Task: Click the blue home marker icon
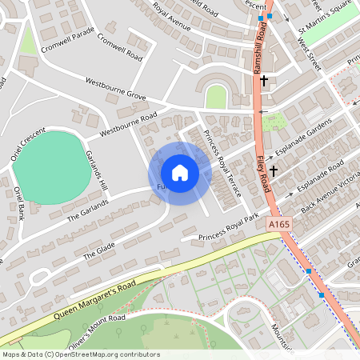[180, 173]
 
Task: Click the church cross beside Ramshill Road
[264, 82]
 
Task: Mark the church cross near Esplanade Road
[274, 170]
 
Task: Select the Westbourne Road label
[128, 124]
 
